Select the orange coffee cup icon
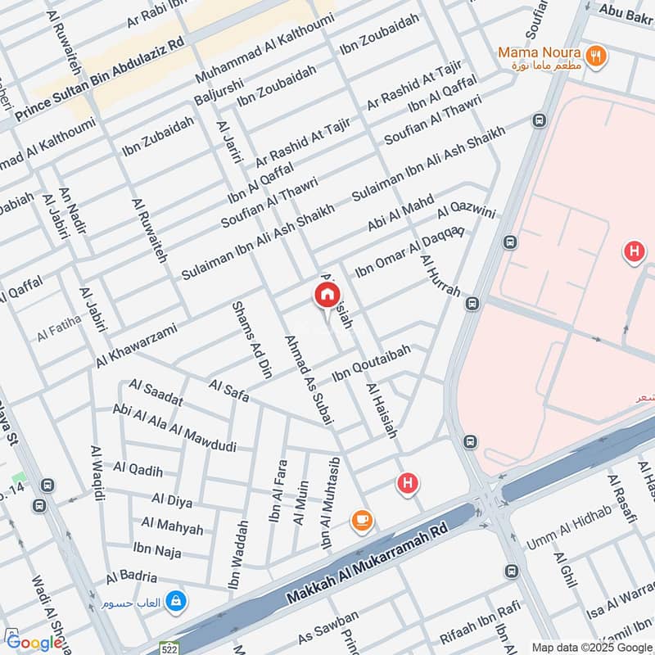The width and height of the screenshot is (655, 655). pos(361,519)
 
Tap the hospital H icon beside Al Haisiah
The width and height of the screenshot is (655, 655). pos(407,484)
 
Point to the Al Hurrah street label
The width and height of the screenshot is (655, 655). pos(440,275)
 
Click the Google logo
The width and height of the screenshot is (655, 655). pos(34,643)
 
